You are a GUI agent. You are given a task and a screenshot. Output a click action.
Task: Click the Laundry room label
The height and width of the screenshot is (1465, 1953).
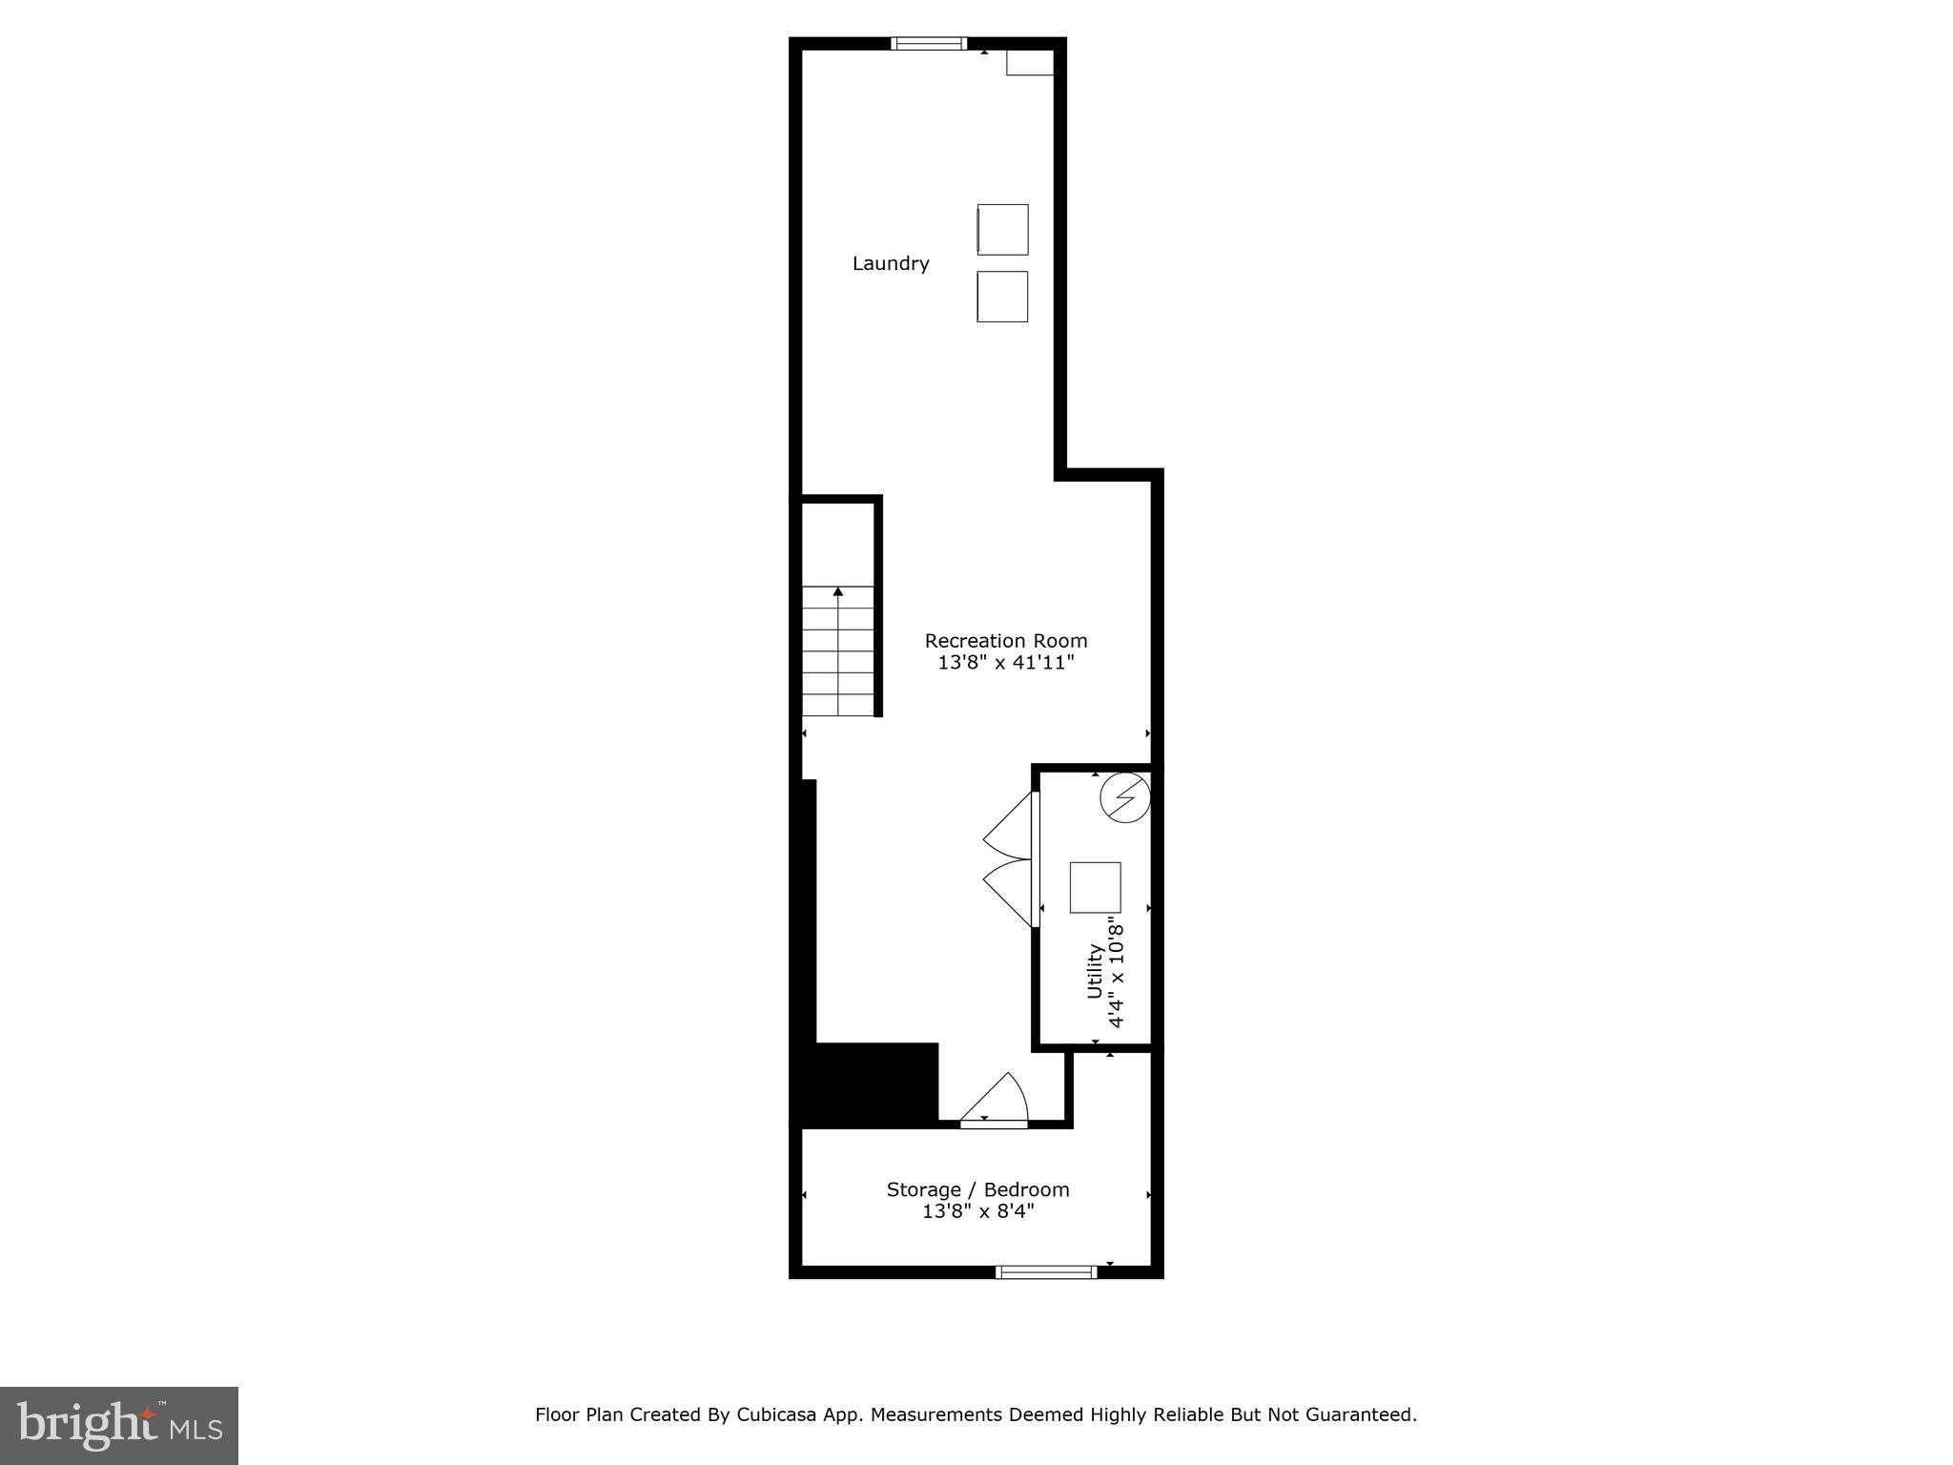891,264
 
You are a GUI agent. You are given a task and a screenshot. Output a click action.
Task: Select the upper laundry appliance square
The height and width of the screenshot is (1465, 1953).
1002,230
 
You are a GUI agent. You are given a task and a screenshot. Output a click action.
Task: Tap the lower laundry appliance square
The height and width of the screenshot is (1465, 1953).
1002,297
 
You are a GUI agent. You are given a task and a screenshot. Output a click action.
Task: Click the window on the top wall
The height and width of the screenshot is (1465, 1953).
929,43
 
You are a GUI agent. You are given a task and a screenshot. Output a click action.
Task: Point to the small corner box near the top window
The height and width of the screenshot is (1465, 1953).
1030,63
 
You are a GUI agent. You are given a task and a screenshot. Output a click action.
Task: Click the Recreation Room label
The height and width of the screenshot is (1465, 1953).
1006,641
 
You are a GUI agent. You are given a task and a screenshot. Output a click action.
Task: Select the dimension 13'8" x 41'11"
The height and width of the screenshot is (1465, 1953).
1006,663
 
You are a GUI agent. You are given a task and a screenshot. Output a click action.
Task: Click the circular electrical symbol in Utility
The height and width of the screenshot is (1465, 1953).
1124,797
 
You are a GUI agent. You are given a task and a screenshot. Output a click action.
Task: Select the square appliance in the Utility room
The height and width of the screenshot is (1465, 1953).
1095,887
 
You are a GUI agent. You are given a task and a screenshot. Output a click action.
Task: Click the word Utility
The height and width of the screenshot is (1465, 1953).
1095,971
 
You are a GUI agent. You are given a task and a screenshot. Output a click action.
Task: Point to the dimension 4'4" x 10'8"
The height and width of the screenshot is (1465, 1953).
1117,973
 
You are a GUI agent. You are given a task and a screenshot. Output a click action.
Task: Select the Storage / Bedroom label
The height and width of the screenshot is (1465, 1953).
977,1190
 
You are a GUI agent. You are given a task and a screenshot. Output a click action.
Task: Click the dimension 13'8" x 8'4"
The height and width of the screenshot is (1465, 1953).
977,1212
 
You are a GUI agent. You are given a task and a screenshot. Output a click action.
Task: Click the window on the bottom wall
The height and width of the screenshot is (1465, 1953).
1046,1271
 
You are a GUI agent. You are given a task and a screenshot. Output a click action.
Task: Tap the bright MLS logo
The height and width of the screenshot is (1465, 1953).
119,1425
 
